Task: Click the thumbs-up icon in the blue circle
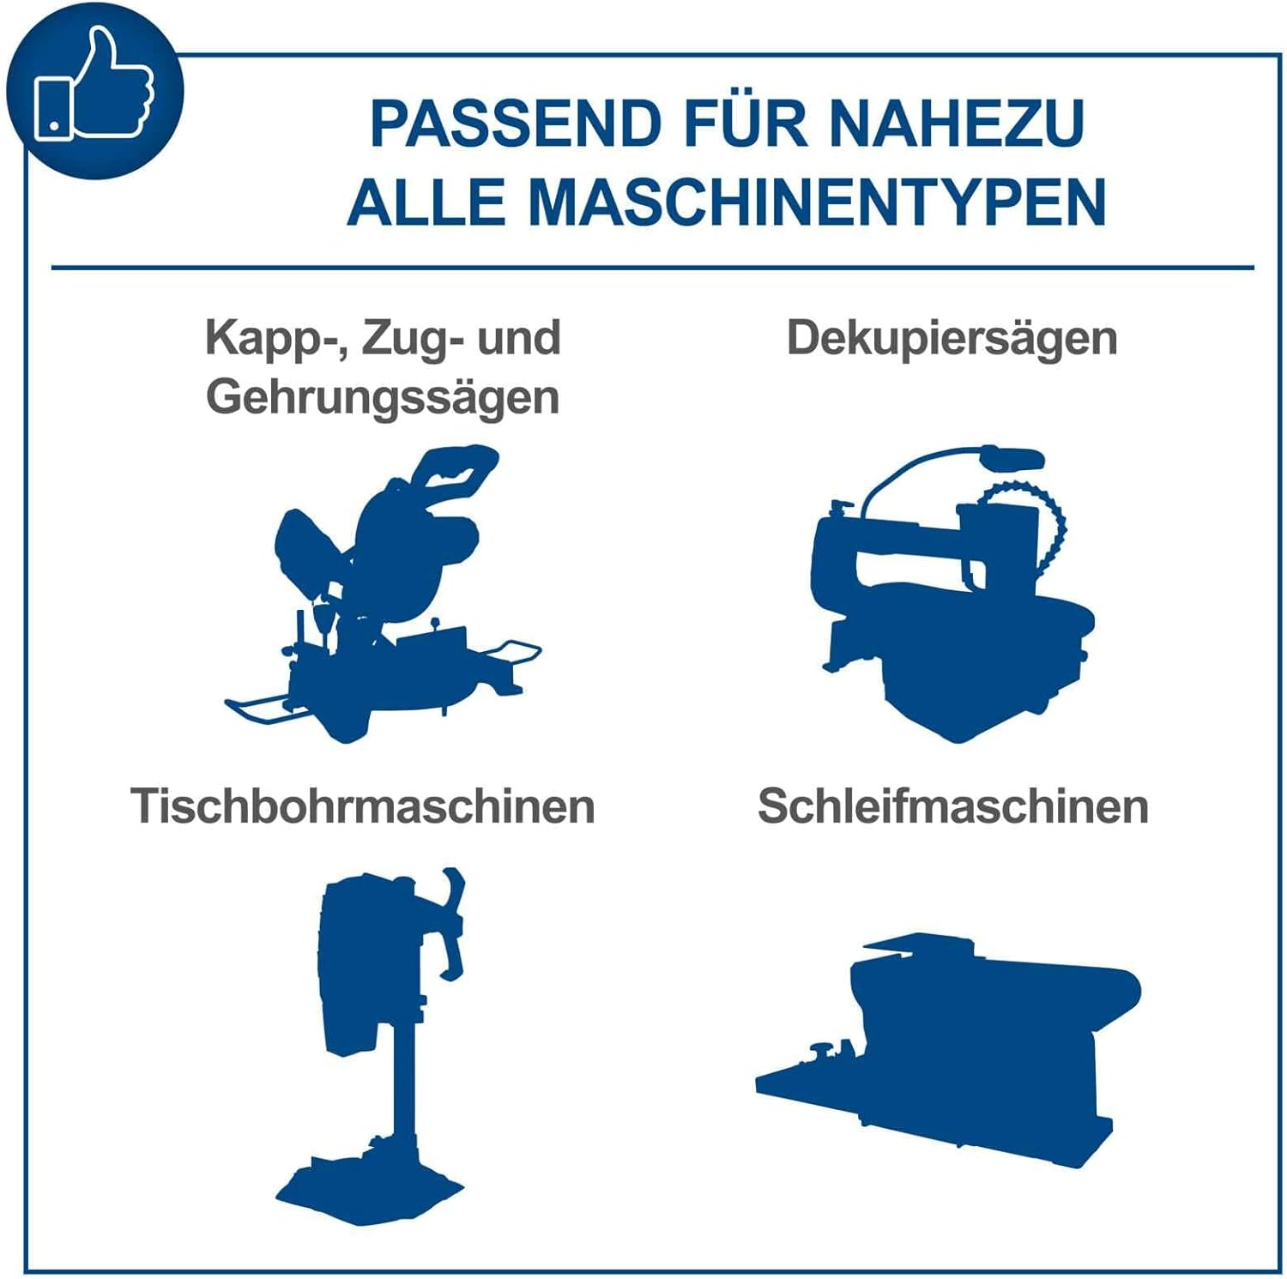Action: [x=94, y=84]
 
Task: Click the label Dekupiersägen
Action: [x=952, y=339]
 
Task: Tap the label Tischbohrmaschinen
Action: [x=363, y=806]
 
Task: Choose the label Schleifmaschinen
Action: [x=953, y=806]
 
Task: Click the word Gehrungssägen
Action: [x=383, y=398]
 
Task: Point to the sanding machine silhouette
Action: [x=949, y=1051]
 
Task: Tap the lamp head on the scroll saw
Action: [x=1012, y=458]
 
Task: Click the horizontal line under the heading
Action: [x=653, y=268]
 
